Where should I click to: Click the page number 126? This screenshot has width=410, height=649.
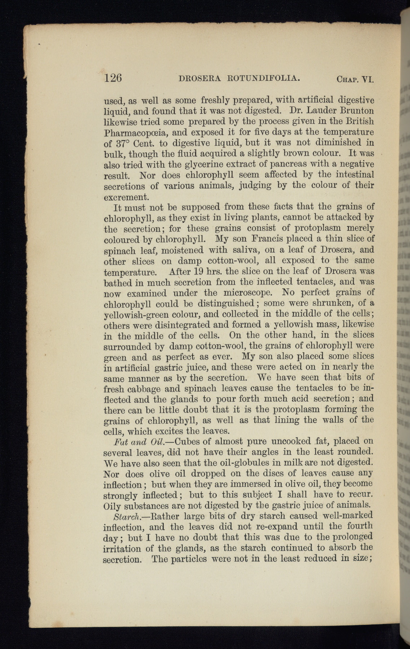coord(113,78)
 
